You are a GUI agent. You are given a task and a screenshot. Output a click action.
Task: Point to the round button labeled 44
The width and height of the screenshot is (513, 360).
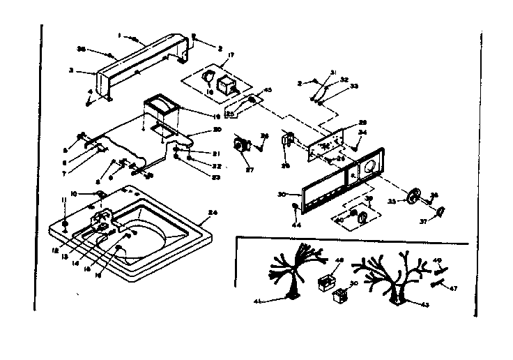[297, 209]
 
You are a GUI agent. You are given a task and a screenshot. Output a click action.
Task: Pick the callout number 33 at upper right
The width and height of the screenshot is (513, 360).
[354, 86]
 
